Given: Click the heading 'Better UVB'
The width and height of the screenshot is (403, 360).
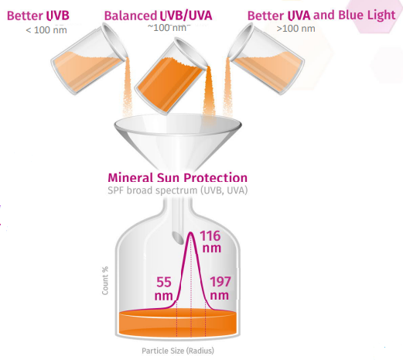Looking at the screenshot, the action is [38, 15].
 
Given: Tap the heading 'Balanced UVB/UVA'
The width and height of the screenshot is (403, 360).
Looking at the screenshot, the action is [158, 15].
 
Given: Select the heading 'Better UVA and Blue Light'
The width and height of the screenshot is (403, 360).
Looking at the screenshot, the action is [321, 15].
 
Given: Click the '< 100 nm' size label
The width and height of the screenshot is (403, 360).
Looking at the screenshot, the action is [46, 30].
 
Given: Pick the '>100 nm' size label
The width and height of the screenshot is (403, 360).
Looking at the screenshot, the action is [295, 28].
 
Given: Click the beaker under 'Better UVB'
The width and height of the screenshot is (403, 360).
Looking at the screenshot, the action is [89, 59].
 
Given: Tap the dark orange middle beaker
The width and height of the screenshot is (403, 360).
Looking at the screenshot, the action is [172, 76].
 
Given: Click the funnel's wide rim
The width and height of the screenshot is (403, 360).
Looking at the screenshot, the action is [178, 125].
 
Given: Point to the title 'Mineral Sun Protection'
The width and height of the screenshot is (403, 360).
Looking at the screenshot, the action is [178, 177].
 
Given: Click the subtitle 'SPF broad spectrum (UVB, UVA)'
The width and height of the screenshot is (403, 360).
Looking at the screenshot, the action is [178, 190].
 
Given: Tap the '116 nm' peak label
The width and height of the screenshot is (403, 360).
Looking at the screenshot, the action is [210, 242].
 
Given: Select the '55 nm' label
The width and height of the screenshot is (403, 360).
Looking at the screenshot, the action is [163, 289].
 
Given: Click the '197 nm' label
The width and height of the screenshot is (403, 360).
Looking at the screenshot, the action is [220, 288].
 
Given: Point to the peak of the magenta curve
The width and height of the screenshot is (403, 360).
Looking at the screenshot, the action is [191, 233].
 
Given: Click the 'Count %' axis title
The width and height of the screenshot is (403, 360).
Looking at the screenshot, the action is [105, 280].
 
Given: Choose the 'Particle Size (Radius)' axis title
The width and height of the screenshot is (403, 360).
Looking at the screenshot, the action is [178, 351].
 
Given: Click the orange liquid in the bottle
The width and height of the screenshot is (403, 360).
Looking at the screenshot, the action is [178, 323].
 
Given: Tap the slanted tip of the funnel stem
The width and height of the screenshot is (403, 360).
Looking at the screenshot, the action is [178, 238].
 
